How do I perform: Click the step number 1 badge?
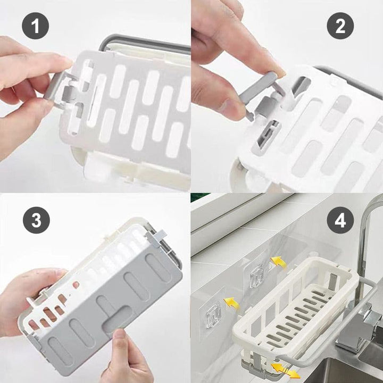point(36,27)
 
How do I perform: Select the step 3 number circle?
point(36,220)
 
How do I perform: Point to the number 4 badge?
point(340,220)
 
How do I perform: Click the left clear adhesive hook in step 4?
point(213,314)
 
